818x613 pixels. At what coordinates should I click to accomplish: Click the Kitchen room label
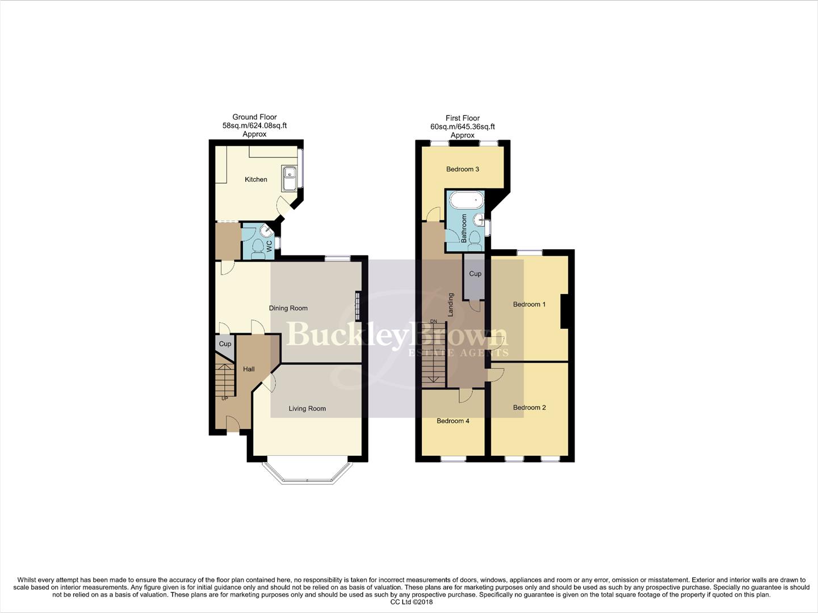(x=255, y=179)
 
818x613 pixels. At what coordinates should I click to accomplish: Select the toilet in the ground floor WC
(x=258, y=247)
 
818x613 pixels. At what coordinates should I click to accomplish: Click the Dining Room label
(x=288, y=308)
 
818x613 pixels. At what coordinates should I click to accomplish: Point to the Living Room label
(x=307, y=409)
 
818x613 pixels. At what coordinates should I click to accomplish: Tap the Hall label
(x=249, y=369)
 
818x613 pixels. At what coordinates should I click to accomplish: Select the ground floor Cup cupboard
(x=225, y=345)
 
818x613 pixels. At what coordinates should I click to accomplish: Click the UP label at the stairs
(x=225, y=398)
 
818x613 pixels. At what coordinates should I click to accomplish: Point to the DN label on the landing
(x=434, y=322)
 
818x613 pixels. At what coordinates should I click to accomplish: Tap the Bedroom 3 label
(x=463, y=169)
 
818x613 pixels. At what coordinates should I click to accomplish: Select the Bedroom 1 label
(x=529, y=304)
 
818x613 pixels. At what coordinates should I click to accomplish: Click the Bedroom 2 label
(x=529, y=408)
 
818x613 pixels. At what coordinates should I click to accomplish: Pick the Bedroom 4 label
(x=452, y=421)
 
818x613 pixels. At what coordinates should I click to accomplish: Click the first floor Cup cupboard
(x=475, y=274)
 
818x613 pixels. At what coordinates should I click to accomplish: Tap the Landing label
(x=451, y=304)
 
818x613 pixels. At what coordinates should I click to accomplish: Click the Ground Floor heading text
(x=254, y=117)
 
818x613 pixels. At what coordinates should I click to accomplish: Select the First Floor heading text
(x=462, y=118)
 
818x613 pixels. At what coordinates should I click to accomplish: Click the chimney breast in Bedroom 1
(x=564, y=311)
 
